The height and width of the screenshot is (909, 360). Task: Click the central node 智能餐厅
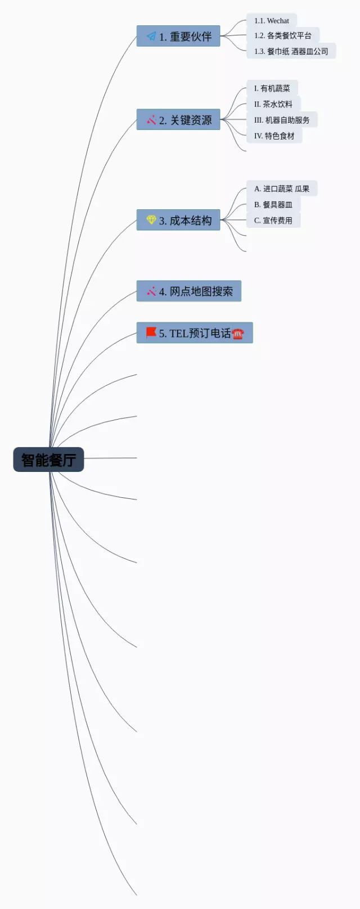(x=48, y=460)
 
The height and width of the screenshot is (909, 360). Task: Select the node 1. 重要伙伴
(x=179, y=37)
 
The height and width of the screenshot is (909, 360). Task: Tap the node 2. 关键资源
(x=179, y=120)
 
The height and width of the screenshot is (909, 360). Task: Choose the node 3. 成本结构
(x=179, y=220)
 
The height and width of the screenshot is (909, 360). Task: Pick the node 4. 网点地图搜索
(x=189, y=291)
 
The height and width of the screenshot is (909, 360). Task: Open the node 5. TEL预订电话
(x=195, y=333)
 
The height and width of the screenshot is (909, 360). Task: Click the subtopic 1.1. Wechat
(x=271, y=21)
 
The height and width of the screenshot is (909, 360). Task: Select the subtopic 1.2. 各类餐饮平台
(x=282, y=35)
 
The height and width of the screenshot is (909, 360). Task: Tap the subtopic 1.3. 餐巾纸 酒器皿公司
(x=291, y=51)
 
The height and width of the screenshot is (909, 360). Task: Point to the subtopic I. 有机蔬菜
(x=272, y=88)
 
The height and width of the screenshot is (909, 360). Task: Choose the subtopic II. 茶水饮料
(x=273, y=104)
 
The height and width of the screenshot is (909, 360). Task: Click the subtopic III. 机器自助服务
(x=281, y=120)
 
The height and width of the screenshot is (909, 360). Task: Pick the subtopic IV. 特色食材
(x=274, y=136)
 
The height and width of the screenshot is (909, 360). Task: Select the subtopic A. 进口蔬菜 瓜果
(x=281, y=188)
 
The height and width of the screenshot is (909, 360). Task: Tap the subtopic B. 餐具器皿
(x=273, y=205)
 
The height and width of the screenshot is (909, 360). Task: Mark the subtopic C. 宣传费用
(x=273, y=220)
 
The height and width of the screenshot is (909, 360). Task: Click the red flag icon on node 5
(x=151, y=332)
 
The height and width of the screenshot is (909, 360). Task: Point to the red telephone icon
(x=238, y=334)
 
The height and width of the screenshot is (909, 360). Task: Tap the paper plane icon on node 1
(x=151, y=37)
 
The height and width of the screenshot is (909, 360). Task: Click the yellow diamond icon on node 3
(x=151, y=220)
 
